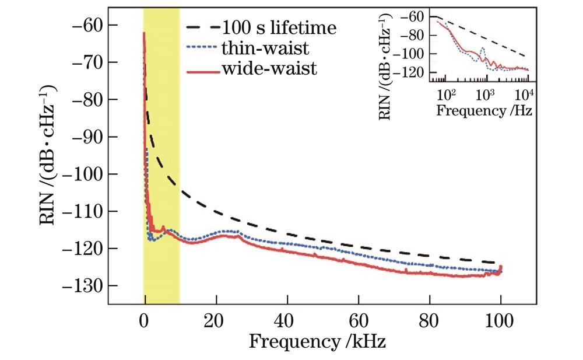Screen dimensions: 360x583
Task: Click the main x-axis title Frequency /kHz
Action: pos(317,341)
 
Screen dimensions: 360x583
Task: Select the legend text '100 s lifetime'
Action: pos(280,27)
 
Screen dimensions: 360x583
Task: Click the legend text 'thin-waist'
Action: pos(259,48)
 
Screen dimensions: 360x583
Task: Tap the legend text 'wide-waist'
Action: pos(269,69)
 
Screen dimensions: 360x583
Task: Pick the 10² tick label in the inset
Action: pos(445,94)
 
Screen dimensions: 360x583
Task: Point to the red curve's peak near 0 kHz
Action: pos(144,33)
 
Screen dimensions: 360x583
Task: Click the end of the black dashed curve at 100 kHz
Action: pos(501,263)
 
